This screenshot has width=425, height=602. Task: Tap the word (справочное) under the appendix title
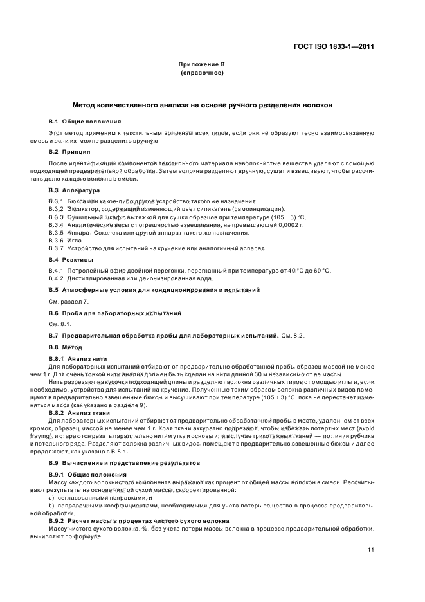coord(202,73)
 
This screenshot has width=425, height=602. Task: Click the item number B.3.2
coord(57,209)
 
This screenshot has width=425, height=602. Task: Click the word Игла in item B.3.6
coord(76,240)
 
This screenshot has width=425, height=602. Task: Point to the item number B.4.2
coord(57,278)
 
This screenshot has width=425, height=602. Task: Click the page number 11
coord(371,550)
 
